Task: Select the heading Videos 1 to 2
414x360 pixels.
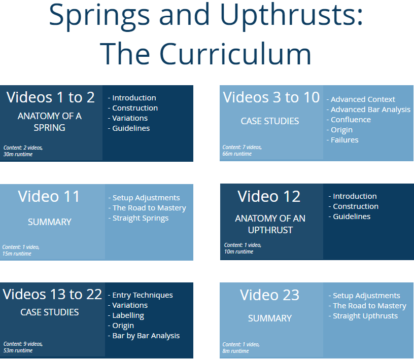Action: point(51,97)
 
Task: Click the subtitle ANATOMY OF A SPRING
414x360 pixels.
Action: point(50,122)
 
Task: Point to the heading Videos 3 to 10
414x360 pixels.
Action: point(271,97)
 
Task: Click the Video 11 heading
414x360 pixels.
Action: point(49,197)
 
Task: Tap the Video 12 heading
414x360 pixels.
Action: point(269,196)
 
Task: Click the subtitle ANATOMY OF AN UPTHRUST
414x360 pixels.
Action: point(270,224)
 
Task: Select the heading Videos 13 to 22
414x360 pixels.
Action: point(53,295)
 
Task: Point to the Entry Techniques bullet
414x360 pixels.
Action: point(143,295)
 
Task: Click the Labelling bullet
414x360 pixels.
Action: point(128,315)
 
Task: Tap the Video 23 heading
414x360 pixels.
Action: point(270,295)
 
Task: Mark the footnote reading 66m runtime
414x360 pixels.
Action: point(237,154)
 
